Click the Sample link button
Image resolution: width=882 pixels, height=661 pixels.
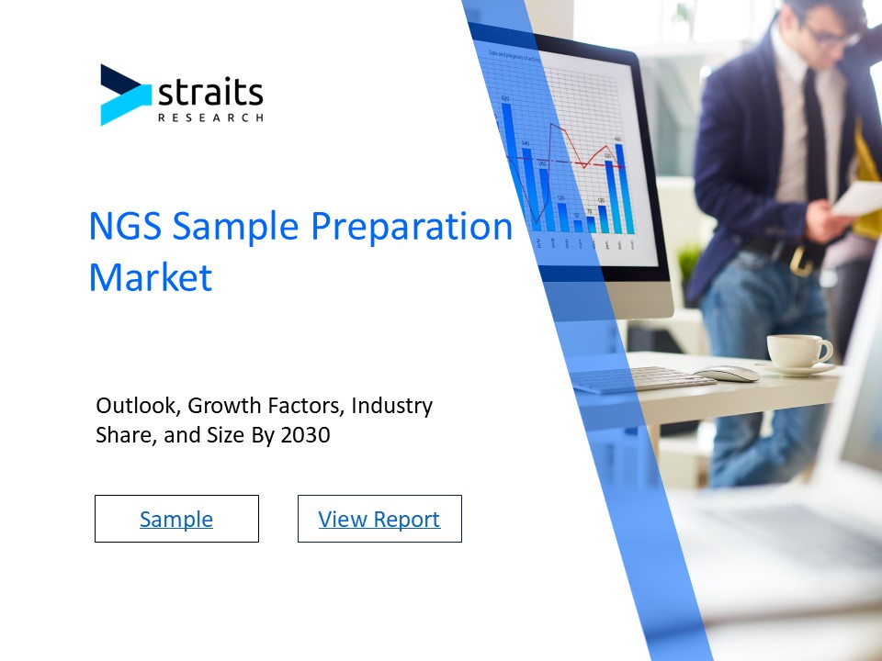(176, 519)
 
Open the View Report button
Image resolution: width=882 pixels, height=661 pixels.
(379, 519)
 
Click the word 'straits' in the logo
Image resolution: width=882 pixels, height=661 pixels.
(210, 93)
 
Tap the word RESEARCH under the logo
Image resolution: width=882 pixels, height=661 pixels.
(210, 118)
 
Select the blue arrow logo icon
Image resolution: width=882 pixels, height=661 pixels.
(124, 95)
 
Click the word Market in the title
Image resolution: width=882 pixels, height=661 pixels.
(150, 277)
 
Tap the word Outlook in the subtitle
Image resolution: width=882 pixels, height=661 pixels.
(138, 405)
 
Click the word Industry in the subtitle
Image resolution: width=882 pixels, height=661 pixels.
(391, 405)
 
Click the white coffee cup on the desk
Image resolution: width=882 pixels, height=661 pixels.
(797, 351)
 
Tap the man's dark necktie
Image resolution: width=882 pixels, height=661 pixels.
(814, 138)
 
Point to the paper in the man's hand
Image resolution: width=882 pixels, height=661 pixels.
(859, 197)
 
